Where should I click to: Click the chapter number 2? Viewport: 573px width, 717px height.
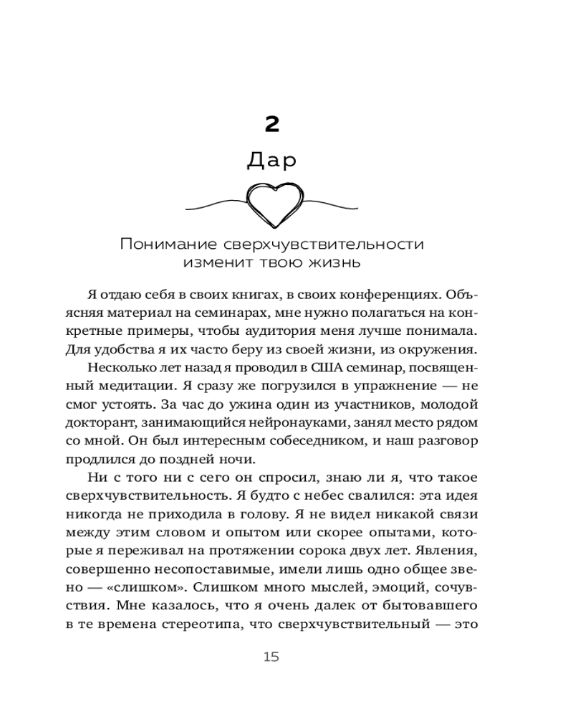pos(271,125)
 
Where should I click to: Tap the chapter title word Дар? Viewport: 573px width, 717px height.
pos(271,161)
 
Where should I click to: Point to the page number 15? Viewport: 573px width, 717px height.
pos(271,657)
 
